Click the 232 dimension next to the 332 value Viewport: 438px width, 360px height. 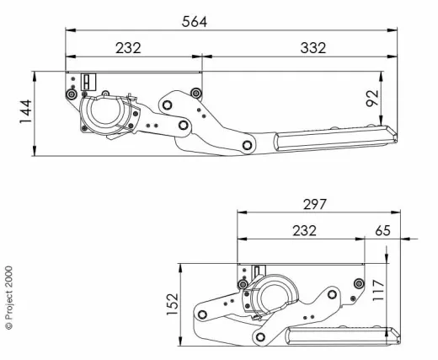[128, 48]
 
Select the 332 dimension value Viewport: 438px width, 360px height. [312, 48]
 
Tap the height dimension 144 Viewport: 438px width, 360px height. [24, 112]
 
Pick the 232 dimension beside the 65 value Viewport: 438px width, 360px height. [304, 230]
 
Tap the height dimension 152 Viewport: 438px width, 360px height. [172, 304]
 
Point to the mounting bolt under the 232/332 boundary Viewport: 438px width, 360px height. [195, 92]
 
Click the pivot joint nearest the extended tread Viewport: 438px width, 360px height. [247, 145]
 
